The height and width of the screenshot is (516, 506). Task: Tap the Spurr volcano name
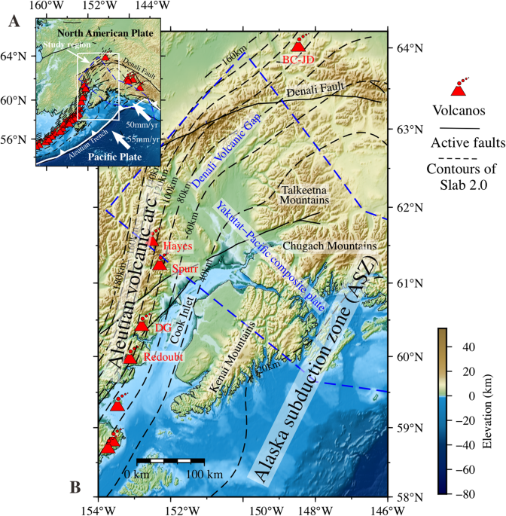tap(185, 269)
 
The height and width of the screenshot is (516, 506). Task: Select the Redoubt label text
tap(160, 357)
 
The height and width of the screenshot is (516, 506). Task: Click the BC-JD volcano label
tap(299, 59)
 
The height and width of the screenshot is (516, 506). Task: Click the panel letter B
tap(76, 487)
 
